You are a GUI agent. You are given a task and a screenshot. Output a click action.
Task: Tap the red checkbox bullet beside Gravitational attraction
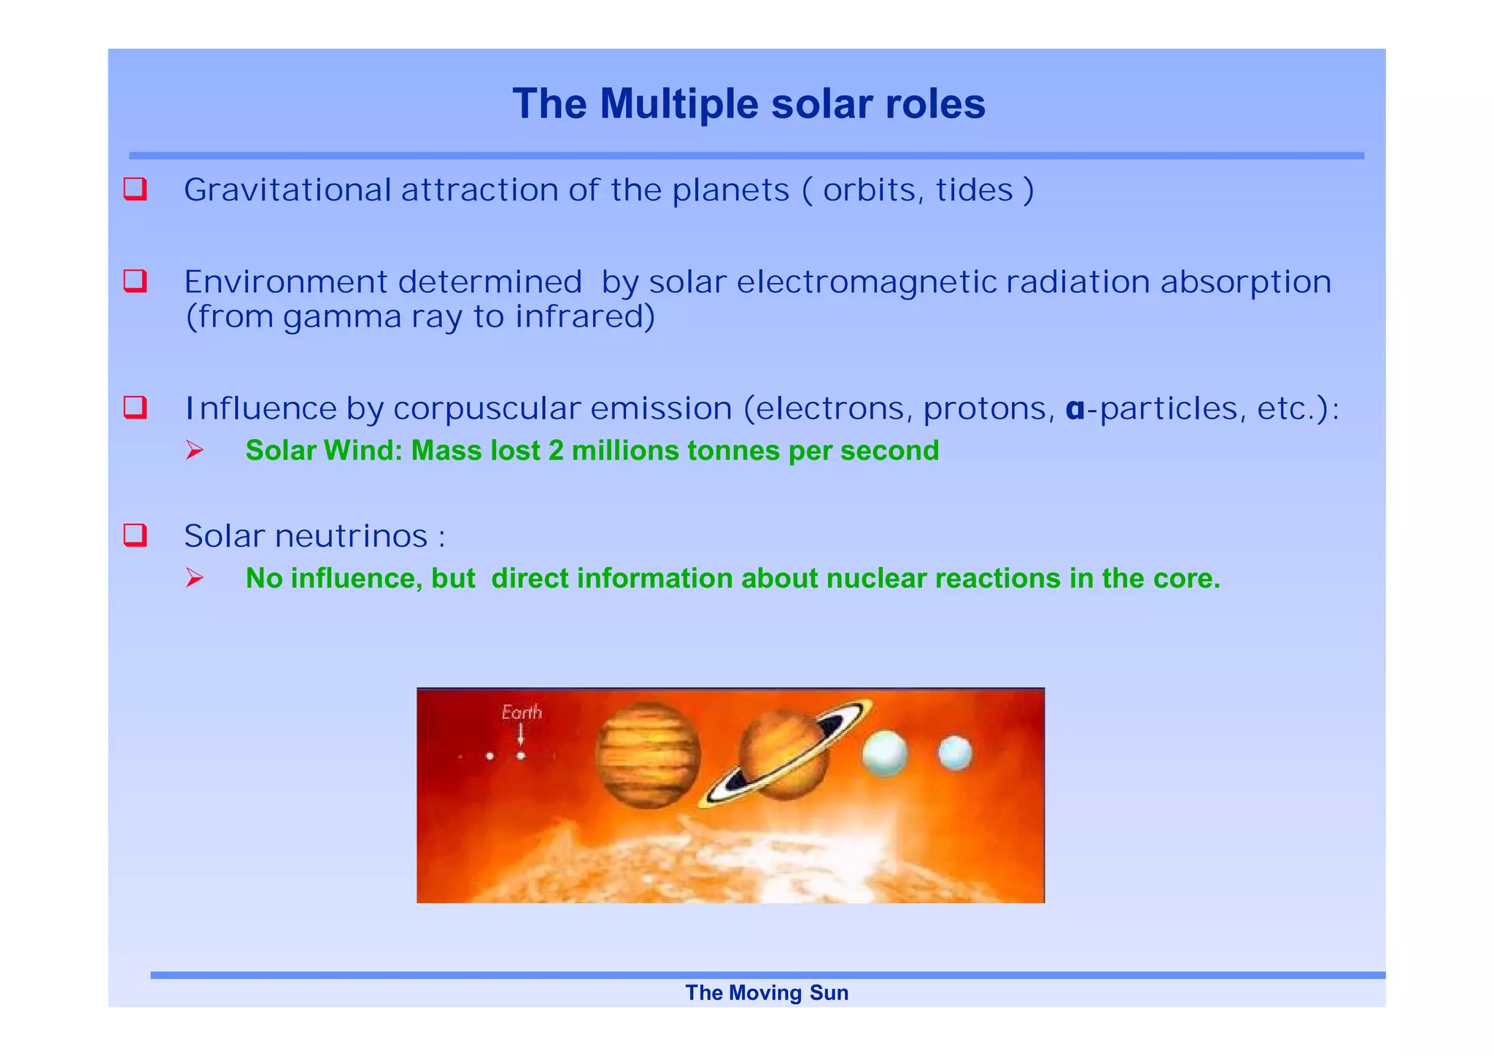click(136, 189)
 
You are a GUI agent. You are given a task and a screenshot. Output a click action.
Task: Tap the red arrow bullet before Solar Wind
click(194, 451)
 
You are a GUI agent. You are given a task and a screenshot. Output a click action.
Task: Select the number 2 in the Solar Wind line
click(556, 451)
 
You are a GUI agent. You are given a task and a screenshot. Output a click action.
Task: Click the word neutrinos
click(351, 537)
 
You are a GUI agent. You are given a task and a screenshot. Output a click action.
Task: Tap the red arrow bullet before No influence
click(194, 578)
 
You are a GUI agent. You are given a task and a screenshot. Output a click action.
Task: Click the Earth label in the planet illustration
click(522, 712)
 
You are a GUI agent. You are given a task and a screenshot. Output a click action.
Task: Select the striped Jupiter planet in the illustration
click(647, 756)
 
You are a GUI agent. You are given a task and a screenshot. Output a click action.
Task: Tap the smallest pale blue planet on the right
click(954, 753)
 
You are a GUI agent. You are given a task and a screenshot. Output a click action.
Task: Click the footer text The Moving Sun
click(767, 993)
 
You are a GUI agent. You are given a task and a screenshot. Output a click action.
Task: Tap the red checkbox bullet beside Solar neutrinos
click(136, 535)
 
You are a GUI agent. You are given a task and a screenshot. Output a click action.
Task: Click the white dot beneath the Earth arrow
click(521, 756)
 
